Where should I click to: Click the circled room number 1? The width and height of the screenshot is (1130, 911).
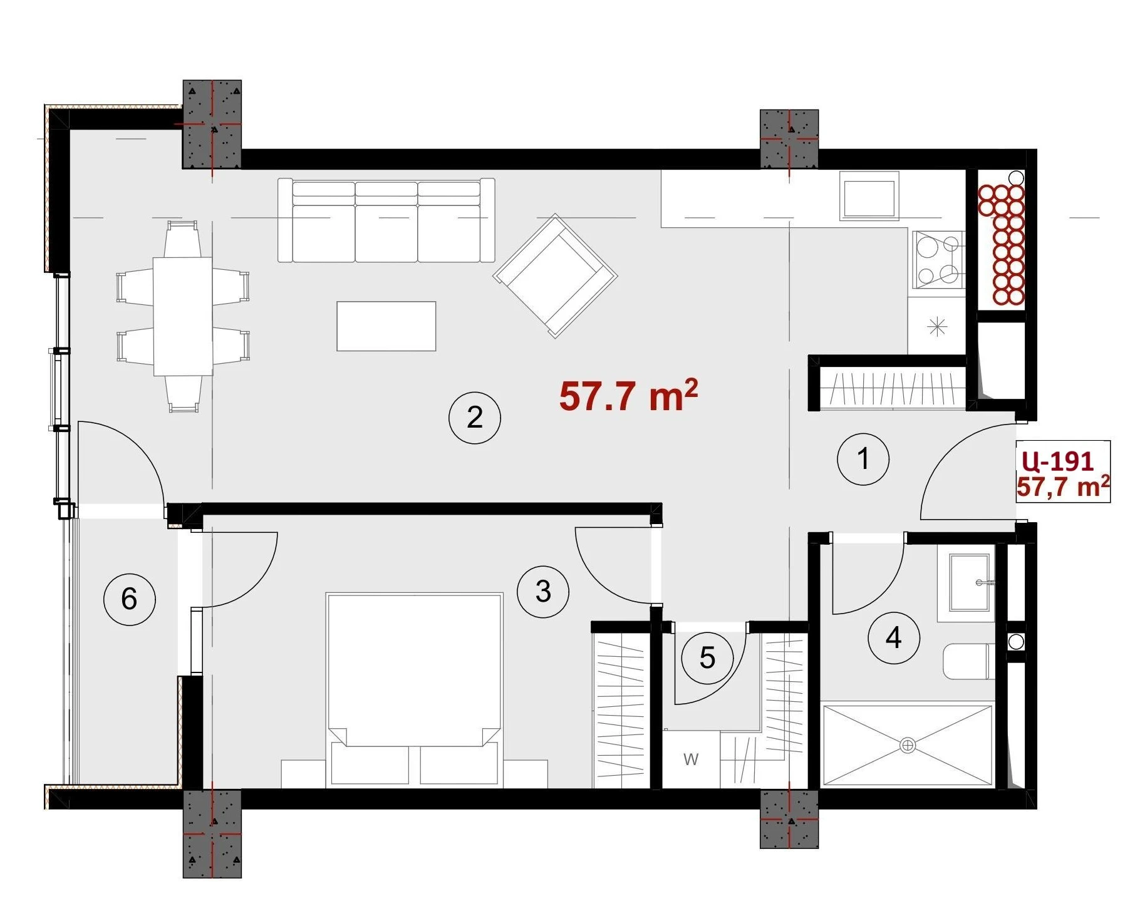863,459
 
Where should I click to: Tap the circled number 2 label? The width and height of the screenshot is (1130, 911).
475,417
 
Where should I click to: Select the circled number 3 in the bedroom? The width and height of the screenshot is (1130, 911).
543,591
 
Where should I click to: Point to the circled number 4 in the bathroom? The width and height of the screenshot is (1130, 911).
894,638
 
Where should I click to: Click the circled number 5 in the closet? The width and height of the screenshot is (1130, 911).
707,658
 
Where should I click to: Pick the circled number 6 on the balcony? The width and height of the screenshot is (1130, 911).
129,599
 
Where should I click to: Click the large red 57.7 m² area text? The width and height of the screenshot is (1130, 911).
628,396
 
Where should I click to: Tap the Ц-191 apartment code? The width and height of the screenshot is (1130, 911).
1057,461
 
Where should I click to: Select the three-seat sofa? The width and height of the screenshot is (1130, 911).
386,220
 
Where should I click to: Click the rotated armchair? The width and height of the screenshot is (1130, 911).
556,275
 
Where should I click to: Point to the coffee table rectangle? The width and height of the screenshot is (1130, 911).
386,326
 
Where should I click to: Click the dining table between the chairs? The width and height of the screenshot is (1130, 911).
182,316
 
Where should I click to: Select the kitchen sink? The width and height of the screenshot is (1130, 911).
869,198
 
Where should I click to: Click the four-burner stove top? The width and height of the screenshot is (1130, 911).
938,259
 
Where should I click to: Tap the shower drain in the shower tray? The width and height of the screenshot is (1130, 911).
907,745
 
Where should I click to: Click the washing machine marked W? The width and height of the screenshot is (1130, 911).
691,759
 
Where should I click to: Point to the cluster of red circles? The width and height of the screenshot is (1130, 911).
1002,245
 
